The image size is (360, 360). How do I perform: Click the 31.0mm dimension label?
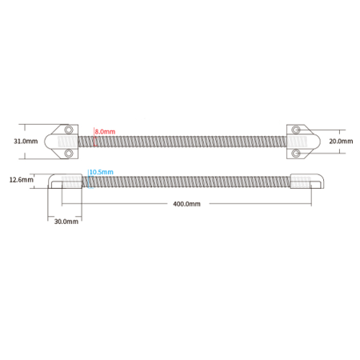(26, 141)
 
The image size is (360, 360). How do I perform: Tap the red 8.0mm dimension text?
(105, 131)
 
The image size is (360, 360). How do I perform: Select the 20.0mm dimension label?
(341, 141)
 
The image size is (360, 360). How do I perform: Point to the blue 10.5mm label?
(101, 172)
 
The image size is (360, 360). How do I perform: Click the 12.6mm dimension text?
(22, 180)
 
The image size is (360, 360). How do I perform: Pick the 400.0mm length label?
(186, 204)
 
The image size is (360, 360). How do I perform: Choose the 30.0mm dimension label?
(66, 222)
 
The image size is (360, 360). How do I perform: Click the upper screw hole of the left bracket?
(69, 130)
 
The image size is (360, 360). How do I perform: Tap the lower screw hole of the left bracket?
(69, 154)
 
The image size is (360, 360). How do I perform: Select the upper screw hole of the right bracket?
(296, 130)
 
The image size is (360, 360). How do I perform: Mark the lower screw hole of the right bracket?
(296, 154)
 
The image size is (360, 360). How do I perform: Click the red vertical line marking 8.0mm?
(94, 137)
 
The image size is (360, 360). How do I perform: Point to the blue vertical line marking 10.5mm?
(89, 179)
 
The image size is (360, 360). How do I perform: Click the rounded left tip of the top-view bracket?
(45, 142)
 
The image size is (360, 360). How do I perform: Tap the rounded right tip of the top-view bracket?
(320, 142)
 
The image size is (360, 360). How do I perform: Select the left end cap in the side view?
(65, 181)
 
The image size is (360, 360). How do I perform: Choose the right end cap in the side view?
(307, 181)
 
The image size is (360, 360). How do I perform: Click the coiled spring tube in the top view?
(182, 142)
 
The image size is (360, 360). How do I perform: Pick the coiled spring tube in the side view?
(186, 182)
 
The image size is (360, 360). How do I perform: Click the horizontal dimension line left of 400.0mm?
(114, 204)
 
